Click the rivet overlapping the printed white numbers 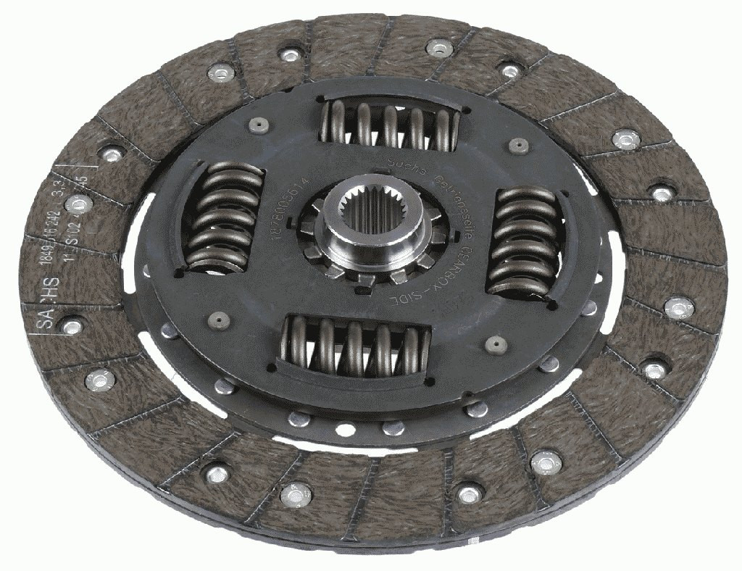coord(78,205)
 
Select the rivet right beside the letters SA coord(71,327)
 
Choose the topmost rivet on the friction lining coord(439,49)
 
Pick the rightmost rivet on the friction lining coord(679,308)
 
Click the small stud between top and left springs coord(259,125)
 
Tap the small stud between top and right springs coord(517,146)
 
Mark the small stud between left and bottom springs coord(218,320)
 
